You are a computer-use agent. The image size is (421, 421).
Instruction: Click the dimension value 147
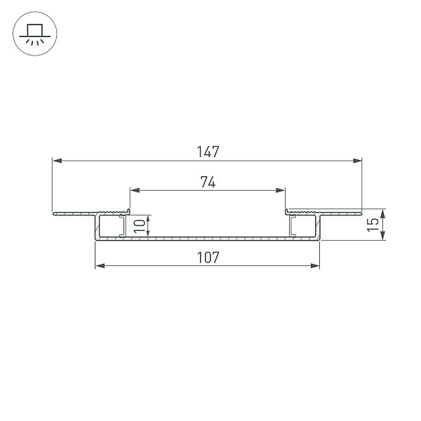(208, 152)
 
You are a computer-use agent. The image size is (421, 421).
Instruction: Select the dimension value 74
(207, 182)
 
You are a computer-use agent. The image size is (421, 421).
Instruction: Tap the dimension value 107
(208, 258)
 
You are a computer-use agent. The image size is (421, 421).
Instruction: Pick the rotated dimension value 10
(140, 226)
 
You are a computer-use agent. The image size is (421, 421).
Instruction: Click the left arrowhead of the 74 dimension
(134, 189)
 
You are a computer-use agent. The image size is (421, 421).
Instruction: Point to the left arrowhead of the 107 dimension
(99, 266)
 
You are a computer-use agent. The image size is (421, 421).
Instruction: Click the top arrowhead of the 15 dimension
(382, 211)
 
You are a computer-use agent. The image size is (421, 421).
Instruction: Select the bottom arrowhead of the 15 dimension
(382, 237)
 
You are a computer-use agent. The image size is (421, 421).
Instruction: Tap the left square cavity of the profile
(110, 226)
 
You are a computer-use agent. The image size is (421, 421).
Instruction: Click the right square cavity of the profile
(305, 226)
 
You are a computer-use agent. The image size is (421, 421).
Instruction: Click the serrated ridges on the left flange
(114, 211)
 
